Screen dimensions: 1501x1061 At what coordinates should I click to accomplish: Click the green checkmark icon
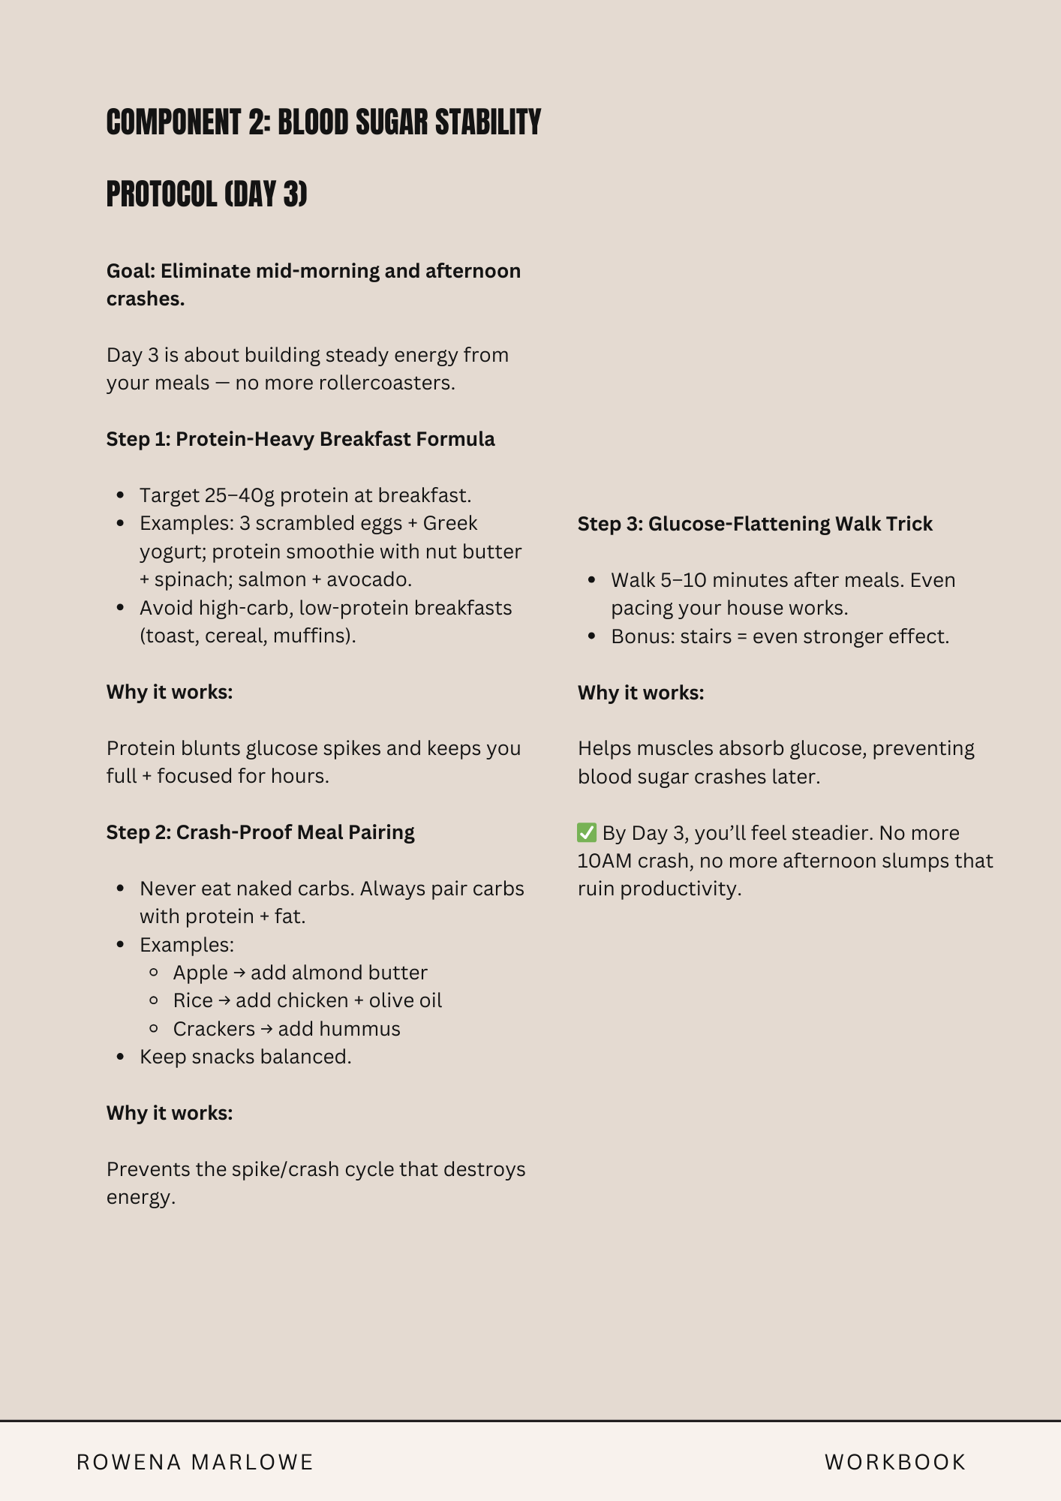pos(587,832)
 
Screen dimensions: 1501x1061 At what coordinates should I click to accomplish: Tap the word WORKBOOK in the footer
pos(895,1462)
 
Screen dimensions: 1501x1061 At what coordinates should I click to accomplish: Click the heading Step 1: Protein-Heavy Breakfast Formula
pos(300,439)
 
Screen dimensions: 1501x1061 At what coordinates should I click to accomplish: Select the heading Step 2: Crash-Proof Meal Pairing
pos(260,832)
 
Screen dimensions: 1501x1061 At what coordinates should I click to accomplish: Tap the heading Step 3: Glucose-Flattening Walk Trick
pos(755,524)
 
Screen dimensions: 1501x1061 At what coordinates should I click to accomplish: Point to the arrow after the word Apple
pos(239,973)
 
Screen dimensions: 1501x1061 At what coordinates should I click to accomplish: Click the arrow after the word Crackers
pos(266,1029)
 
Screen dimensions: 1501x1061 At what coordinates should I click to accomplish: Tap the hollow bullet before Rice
pos(154,1000)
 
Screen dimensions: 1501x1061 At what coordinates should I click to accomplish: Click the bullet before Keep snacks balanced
pos(121,1057)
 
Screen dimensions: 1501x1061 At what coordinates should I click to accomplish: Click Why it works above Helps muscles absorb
pos(641,693)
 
